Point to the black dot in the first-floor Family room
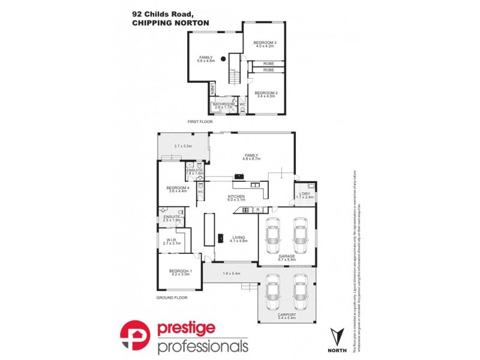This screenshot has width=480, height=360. click(223, 59)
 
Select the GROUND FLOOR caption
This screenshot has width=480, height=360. click(172, 297)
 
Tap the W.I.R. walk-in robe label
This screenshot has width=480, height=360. click(172, 241)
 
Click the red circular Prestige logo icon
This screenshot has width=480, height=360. click(136, 337)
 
